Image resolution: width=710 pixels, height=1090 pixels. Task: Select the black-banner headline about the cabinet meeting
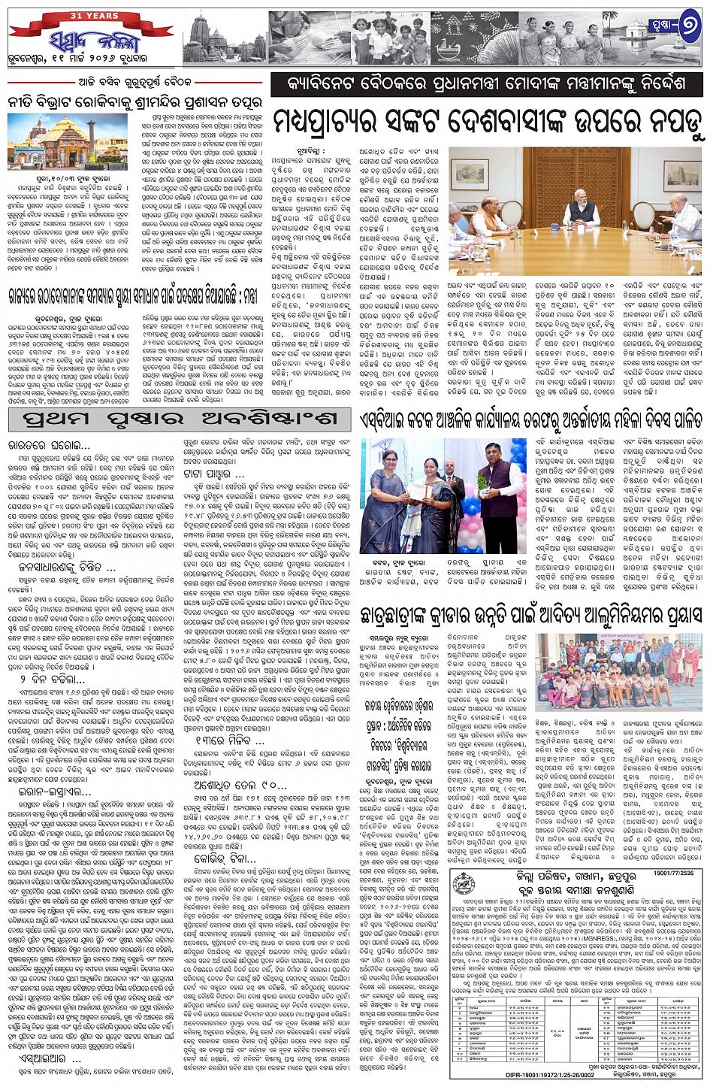click(488, 85)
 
